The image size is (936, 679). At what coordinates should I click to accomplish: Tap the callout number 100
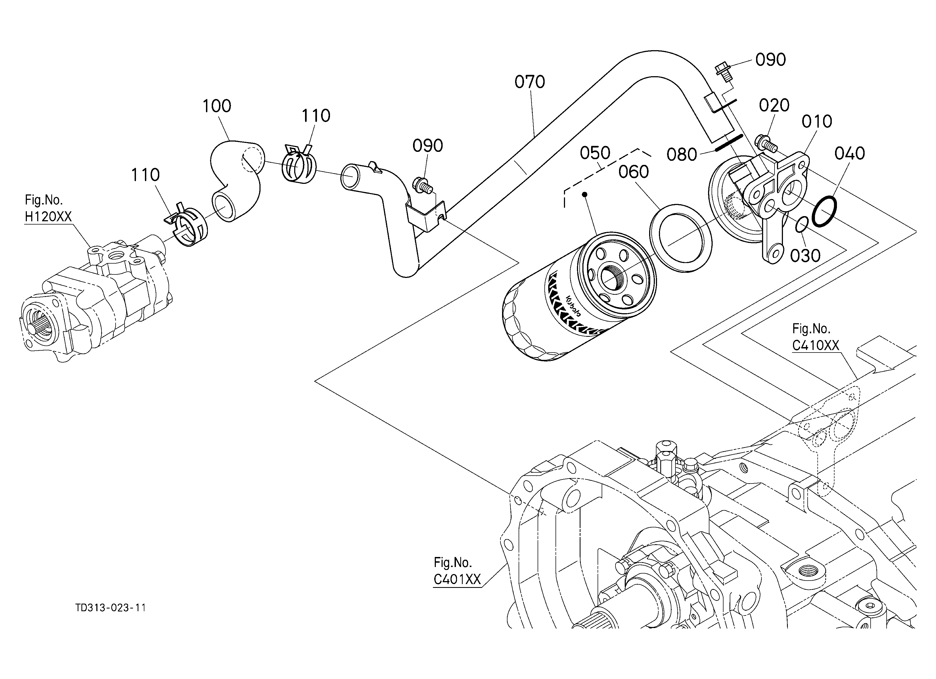coord(217,106)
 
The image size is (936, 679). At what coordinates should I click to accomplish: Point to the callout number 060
coord(633,172)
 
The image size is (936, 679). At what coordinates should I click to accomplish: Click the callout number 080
coord(682,155)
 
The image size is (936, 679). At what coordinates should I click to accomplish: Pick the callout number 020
coord(774,105)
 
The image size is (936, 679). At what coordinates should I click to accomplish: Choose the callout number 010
coord(817,122)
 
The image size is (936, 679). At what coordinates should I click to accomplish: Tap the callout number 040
coord(850,154)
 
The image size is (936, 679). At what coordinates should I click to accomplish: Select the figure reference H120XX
coord(48,216)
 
